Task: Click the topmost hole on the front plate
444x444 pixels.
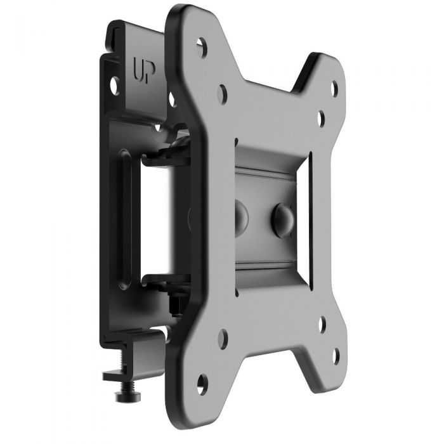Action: click(202, 46)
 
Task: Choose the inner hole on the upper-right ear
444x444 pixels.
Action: click(321, 117)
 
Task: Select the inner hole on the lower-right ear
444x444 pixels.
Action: click(322, 325)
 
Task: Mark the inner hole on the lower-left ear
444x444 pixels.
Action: click(222, 337)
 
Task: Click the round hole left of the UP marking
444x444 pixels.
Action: click(115, 83)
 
